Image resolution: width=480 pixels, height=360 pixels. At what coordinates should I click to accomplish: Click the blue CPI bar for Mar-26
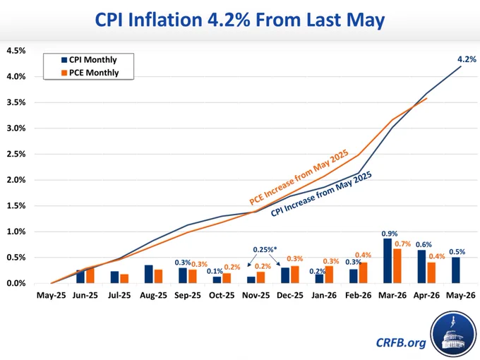388,260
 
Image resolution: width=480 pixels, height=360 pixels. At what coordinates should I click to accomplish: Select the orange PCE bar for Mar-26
397,266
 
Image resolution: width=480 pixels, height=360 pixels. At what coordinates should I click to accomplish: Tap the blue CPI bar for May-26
455,270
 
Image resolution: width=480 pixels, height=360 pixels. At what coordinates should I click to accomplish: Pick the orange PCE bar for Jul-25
124,279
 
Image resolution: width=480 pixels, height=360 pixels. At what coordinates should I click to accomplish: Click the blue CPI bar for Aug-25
149,275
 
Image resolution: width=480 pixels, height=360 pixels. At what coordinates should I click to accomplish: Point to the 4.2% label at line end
467,59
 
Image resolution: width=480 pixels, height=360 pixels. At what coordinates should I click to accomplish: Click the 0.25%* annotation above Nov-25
265,250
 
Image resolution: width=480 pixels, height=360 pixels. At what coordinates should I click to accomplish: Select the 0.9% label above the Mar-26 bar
390,234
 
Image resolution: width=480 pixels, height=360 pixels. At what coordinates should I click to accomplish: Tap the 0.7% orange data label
403,244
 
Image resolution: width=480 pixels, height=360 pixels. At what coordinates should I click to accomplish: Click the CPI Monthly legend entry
89,60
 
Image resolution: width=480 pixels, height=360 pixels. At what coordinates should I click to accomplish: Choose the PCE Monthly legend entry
90,73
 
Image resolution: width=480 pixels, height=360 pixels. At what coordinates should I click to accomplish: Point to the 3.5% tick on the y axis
16,102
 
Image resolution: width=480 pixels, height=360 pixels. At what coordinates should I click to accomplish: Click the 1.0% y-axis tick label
16,232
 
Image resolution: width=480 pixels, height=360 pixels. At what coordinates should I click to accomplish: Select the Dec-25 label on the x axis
290,295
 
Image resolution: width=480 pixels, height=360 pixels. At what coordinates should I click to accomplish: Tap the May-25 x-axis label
51,295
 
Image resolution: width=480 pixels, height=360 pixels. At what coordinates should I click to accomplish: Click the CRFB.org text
401,342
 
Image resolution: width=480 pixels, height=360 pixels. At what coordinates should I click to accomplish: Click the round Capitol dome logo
454,335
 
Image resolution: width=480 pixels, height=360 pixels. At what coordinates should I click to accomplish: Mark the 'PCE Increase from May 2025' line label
299,177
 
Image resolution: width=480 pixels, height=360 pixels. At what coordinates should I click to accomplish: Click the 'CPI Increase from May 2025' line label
321,194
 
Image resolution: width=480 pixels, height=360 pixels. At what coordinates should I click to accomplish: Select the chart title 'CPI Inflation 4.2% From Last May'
240,20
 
